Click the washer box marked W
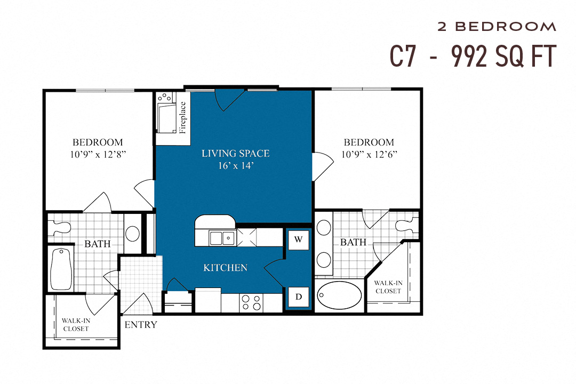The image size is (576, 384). [x=298, y=239]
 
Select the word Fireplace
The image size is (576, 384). [x=183, y=117]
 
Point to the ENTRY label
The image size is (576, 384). [x=141, y=325]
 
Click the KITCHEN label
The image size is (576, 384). [x=225, y=268]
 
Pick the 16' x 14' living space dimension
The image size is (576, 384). [x=235, y=166]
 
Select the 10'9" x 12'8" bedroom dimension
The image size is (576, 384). [x=98, y=154]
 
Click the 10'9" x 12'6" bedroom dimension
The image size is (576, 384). [x=369, y=154]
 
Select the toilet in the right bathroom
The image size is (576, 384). [x=406, y=225]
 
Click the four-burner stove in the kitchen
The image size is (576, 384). [x=251, y=302]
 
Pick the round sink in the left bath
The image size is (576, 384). [x=132, y=234]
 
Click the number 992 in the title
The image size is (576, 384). [x=469, y=57]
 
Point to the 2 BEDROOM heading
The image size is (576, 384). [x=497, y=27]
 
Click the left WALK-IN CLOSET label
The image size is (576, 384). [x=75, y=324]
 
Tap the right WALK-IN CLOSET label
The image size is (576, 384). [x=388, y=287]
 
